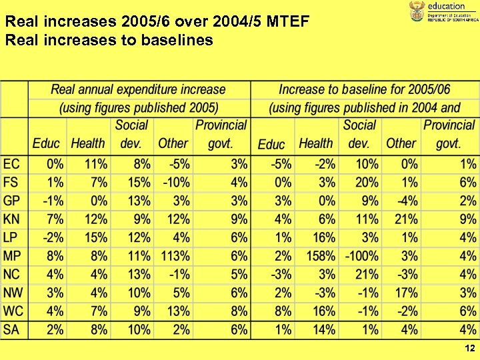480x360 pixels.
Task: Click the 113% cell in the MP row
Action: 175,256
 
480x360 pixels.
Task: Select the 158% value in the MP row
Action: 320,256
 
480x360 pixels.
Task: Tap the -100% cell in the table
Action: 362,256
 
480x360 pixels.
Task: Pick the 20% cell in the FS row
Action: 367,182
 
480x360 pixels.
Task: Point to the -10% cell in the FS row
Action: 176,182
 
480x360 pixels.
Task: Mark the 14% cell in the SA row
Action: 323,329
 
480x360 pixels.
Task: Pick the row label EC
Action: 12,164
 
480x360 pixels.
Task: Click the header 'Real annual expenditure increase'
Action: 139,89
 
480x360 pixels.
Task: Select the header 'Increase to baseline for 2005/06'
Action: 364,89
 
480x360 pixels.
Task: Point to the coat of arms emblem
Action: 416,11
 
